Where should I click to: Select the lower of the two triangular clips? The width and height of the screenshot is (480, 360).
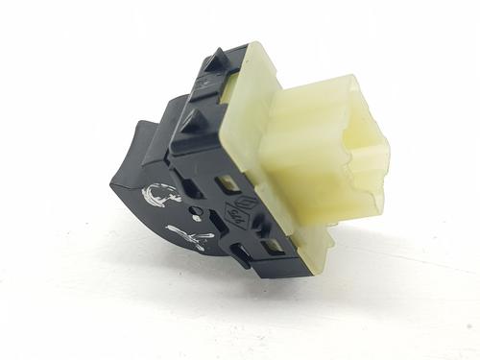pos(193,125)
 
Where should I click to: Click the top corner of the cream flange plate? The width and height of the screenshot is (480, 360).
pos(256,46)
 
